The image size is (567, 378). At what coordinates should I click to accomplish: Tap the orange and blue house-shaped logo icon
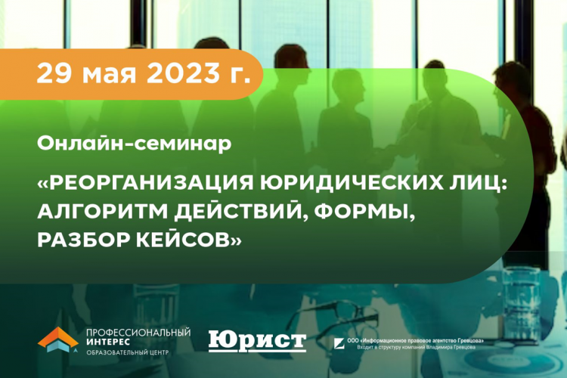click(57, 339)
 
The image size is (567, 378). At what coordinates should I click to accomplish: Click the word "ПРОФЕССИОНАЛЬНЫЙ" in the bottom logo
click(139, 333)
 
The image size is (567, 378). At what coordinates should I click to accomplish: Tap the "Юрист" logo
click(257, 340)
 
